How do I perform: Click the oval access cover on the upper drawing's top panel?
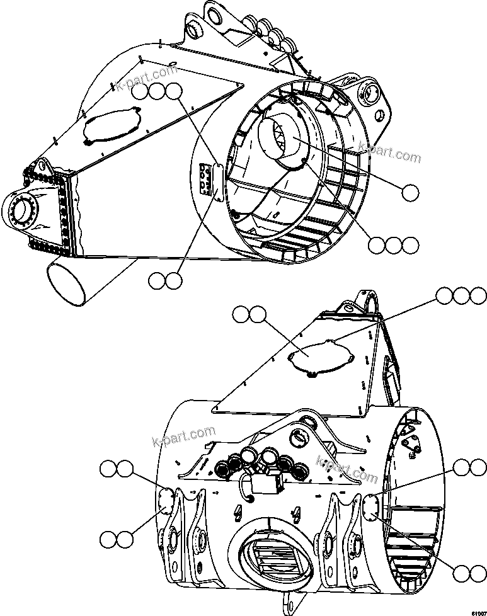pos(112,126)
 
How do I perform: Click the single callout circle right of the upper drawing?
pos(411,193)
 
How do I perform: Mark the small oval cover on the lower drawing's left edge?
pos(166,499)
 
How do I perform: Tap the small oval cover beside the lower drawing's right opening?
pos(371,506)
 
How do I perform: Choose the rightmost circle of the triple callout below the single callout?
pos(411,245)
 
